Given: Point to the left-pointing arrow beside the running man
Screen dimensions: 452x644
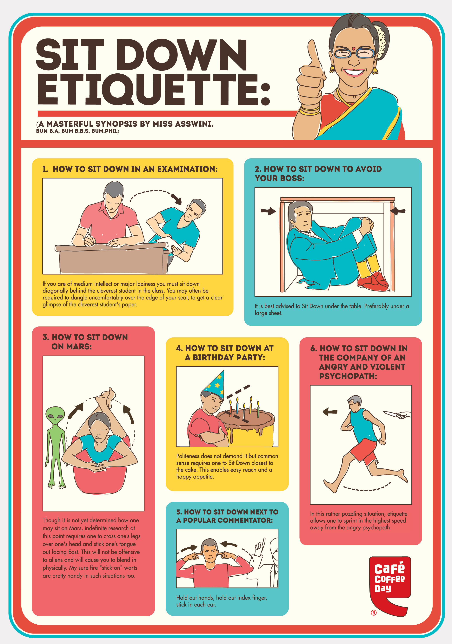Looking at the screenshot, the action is [330, 412].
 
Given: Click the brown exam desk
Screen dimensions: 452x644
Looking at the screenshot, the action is [112, 258].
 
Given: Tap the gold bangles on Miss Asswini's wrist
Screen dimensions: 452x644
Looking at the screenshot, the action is [309, 110].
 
